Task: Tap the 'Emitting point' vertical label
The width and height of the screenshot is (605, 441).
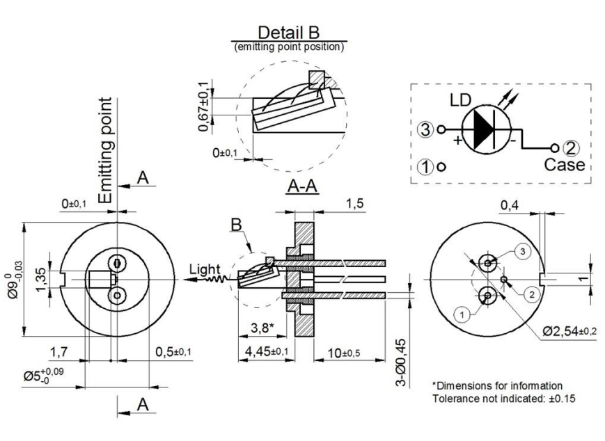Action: click(106, 150)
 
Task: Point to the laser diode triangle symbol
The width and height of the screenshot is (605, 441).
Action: click(485, 129)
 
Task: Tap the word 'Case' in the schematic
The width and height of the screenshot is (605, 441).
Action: click(565, 166)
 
